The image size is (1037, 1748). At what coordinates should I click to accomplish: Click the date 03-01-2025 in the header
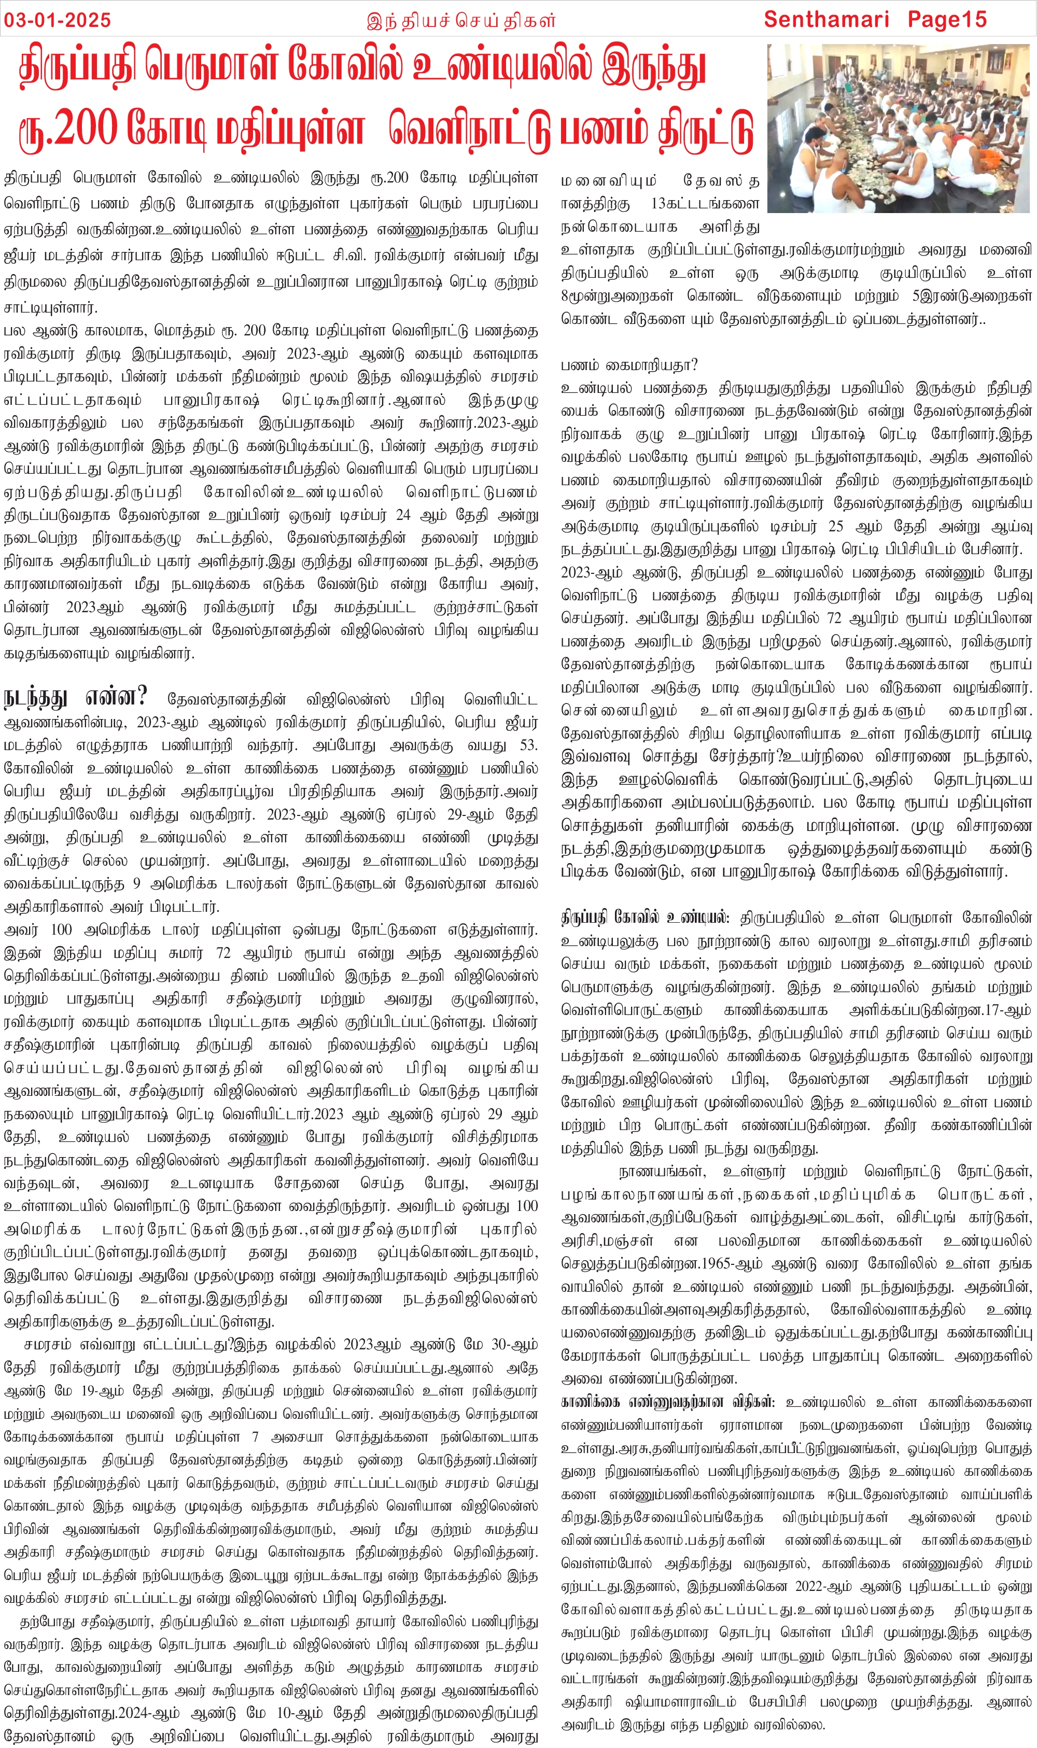click(x=58, y=20)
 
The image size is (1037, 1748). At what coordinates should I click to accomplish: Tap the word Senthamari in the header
click(x=826, y=20)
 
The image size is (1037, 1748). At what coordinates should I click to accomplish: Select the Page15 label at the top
click(x=947, y=20)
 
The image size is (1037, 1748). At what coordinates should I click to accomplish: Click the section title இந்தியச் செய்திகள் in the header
click(x=461, y=20)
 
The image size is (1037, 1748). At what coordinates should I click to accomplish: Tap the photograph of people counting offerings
click(x=901, y=128)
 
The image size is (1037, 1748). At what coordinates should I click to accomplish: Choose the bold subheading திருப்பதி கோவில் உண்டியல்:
click(x=645, y=918)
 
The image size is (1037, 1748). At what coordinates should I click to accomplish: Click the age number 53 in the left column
click(x=528, y=745)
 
